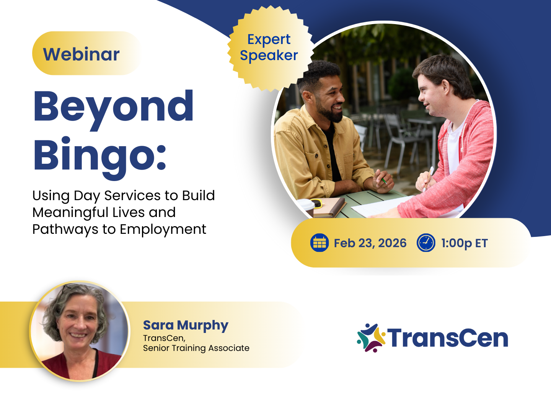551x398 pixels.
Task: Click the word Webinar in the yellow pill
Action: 81,54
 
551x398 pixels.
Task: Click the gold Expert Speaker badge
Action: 270,49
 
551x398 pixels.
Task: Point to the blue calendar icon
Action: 319,243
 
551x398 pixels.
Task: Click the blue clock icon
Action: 426,243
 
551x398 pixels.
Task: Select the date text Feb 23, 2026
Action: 370,243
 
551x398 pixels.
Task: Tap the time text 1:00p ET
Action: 464,243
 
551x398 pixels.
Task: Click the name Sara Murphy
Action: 186,325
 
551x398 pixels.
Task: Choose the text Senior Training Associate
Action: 196,348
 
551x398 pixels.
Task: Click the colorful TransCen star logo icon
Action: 371,338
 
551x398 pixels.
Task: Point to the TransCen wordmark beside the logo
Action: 448,338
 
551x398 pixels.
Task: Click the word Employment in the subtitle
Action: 163,230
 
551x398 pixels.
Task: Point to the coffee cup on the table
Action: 306,207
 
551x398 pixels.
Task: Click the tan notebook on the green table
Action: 329,208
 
